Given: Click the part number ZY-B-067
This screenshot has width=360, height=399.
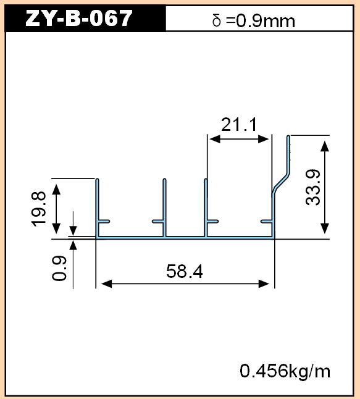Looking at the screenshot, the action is [x=79, y=19].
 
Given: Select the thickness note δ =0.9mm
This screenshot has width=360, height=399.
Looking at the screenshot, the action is [x=254, y=20].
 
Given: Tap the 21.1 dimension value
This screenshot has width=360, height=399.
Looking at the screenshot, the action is [x=239, y=124].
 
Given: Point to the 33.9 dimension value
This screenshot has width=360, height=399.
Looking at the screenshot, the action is [x=312, y=187].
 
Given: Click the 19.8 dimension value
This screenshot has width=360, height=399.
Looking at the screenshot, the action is [x=38, y=209].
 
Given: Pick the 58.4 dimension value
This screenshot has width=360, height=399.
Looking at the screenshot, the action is [x=185, y=271].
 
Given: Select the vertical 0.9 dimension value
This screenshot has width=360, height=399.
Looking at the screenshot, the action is [x=59, y=268].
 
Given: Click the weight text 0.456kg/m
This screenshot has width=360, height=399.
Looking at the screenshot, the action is [x=285, y=371].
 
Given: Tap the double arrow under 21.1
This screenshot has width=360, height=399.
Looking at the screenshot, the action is [x=239, y=139].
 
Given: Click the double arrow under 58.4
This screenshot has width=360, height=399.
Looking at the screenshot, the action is [x=185, y=283].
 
